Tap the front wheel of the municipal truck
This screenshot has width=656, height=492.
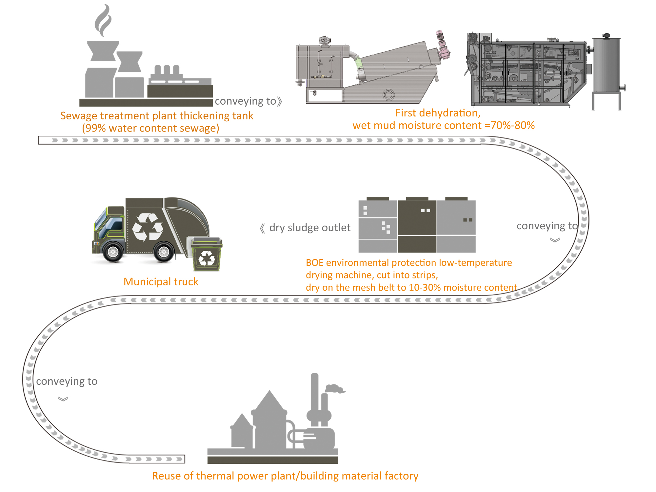113,252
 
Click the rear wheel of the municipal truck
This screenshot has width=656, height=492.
164,252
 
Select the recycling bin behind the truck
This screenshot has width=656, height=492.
207,255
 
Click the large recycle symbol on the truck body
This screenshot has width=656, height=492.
148,227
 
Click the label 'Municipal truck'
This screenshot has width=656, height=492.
161,282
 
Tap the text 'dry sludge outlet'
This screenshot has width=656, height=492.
309,228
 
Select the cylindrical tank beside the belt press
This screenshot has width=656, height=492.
606,66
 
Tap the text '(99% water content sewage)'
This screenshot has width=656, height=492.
150,128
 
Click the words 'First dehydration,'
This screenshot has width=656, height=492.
438,113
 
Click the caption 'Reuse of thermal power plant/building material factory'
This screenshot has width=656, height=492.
285,476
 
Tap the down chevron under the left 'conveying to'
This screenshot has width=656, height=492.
63,399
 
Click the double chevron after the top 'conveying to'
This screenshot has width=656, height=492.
279,101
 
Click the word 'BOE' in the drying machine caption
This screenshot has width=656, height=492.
314,263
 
